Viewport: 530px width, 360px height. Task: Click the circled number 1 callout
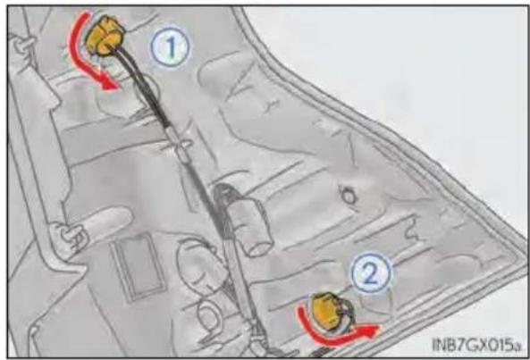(171, 47)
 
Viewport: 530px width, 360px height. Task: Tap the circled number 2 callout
(371, 272)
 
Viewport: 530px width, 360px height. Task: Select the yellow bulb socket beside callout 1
(104, 36)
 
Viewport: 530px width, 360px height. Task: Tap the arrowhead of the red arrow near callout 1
(110, 84)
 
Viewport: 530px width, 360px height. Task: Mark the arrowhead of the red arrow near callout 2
(372, 331)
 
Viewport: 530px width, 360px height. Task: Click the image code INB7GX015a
(475, 346)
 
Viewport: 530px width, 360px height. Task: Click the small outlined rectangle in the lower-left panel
(138, 267)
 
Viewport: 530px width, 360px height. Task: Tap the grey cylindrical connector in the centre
(246, 220)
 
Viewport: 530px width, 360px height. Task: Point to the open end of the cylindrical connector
(260, 247)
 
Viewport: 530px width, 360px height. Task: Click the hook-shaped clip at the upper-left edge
(22, 43)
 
